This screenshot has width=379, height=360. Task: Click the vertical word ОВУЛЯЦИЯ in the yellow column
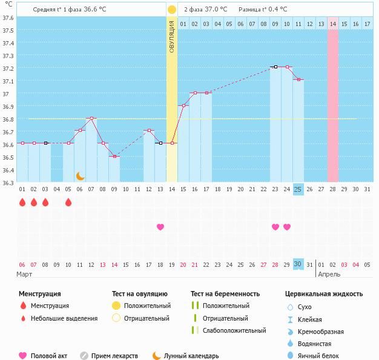point(172,36)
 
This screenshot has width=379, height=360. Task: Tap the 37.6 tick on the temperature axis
point(7,18)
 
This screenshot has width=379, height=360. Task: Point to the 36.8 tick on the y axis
point(7,119)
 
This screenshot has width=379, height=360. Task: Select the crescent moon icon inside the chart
point(80,176)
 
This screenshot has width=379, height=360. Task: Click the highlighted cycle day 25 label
point(298,189)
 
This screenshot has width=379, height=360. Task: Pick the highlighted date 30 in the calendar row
point(298,264)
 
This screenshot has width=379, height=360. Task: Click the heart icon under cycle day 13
point(160,227)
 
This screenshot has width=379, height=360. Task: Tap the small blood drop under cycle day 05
point(68,203)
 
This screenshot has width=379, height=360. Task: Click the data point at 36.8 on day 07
point(91,119)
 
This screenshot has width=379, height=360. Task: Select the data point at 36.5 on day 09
point(114,157)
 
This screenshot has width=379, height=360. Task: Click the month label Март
point(25,274)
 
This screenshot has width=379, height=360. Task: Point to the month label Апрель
point(329,274)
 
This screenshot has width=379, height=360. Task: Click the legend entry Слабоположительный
point(234,331)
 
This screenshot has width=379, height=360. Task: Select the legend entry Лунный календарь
point(191,356)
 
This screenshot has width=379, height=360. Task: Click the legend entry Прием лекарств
point(114,356)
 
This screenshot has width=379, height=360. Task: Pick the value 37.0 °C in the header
point(216,10)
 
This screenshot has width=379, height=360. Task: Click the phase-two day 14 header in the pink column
point(333,24)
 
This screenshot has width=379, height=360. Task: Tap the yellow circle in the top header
point(172,10)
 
